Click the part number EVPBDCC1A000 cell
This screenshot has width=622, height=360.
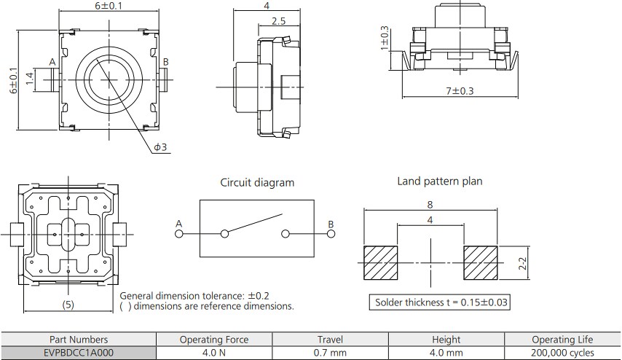(79, 351)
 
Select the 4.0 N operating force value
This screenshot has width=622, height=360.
(213, 351)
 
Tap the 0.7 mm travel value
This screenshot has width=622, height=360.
(329, 351)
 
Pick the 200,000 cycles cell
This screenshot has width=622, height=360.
(562, 351)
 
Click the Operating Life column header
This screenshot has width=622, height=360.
(562, 339)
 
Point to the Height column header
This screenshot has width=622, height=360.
(446, 339)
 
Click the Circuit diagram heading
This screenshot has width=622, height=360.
(257, 183)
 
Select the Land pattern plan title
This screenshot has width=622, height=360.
(439, 181)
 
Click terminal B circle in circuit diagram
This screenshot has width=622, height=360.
(330, 234)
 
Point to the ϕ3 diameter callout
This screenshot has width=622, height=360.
(160, 147)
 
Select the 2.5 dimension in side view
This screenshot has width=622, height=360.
(277, 22)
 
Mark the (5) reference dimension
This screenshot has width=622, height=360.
(68, 304)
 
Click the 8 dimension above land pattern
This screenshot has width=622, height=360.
(430, 206)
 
